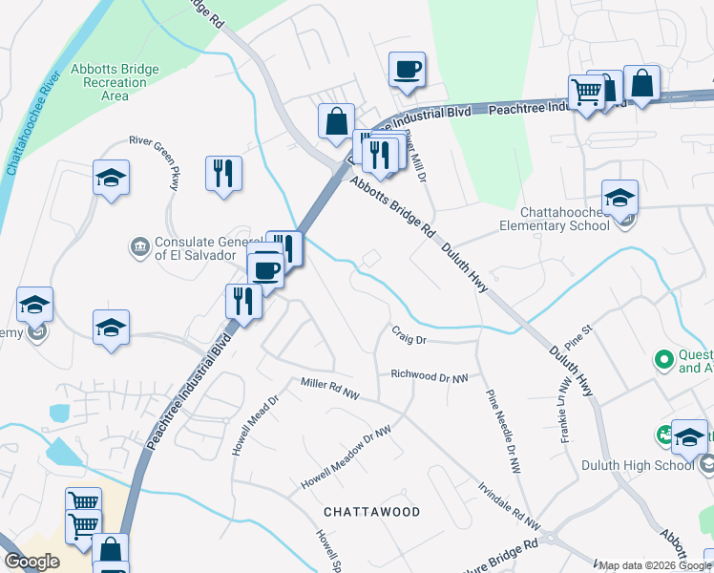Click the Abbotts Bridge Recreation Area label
(115, 82)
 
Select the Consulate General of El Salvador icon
(139, 247)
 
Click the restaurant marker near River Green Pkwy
(223, 174)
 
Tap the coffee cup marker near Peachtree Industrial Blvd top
(407, 70)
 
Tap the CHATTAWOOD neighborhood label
(371, 512)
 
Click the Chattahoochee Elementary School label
(554, 219)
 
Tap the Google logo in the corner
(31, 562)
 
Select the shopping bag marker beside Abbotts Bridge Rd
(336, 122)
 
